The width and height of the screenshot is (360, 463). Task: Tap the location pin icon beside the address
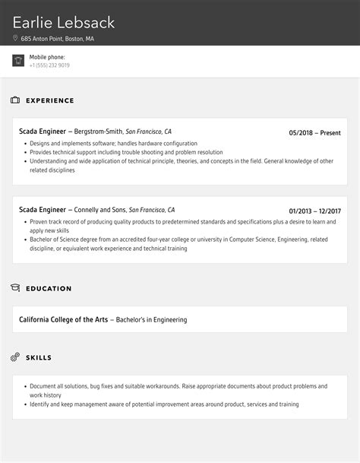(15, 38)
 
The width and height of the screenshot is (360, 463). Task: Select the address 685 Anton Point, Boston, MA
(58, 38)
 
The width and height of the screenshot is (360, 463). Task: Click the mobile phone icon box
(18, 61)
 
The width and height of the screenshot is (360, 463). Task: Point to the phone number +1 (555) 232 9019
(50, 65)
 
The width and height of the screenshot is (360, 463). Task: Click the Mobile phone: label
(47, 57)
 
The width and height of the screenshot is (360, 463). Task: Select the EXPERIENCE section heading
(50, 100)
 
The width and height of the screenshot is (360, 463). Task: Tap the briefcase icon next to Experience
(15, 100)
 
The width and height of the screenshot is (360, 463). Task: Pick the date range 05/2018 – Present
(314, 132)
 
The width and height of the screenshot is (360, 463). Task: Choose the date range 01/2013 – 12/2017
(314, 211)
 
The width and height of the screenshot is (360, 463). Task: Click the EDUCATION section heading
(49, 289)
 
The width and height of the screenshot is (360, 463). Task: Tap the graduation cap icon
(15, 288)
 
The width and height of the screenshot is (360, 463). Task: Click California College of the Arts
(63, 320)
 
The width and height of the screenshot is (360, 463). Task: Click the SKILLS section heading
(39, 357)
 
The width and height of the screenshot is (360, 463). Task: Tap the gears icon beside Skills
(15, 357)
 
